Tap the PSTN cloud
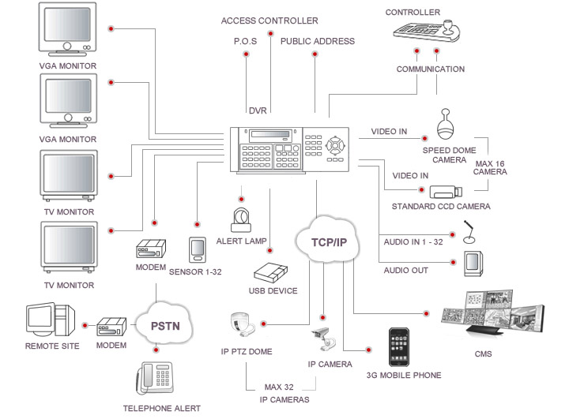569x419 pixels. tap(164, 325)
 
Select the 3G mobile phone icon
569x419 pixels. tap(399, 347)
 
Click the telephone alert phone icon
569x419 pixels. tap(155, 378)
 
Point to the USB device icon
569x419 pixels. tap(271, 272)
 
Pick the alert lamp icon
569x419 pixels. tap(241, 219)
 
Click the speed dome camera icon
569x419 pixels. tap(445, 124)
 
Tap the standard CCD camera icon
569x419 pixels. tap(446, 192)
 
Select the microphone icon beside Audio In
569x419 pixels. tap(469, 232)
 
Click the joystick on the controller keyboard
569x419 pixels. tap(449, 29)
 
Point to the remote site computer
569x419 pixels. tap(50, 320)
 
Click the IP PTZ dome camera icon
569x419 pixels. tap(243, 324)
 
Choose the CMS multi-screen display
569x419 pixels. tap(492, 313)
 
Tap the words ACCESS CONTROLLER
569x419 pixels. tap(269, 21)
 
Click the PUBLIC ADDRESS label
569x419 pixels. tap(318, 41)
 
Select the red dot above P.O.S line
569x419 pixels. tap(246, 54)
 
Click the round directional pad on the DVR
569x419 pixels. tap(335, 146)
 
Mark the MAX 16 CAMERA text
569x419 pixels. tap(490, 167)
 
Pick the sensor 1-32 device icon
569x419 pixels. tap(198, 249)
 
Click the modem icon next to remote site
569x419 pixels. tap(111, 327)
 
